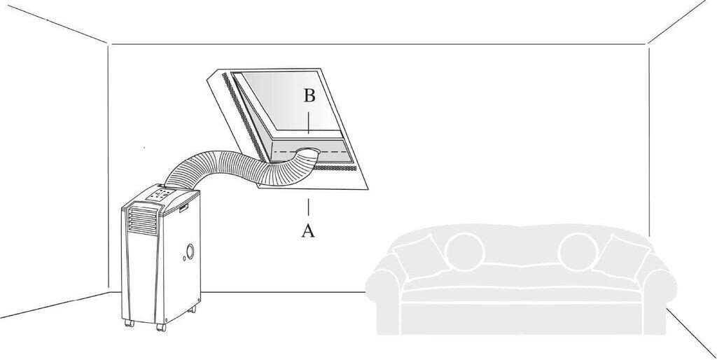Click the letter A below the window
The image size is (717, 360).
click(x=308, y=230)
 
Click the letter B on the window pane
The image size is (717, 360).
click(x=309, y=96)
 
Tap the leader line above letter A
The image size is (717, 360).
click(x=308, y=207)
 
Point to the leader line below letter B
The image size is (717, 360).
click(x=309, y=122)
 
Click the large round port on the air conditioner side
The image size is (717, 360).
click(x=190, y=251)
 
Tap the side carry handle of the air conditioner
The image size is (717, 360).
click(x=184, y=209)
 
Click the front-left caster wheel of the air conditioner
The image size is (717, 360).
click(x=130, y=323)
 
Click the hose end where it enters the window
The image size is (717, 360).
click(x=307, y=152)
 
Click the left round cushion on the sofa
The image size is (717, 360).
click(x=465, y=251)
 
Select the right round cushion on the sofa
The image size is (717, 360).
click(x=578, y=251)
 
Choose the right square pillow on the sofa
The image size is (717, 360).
click(x=622, y=257)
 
